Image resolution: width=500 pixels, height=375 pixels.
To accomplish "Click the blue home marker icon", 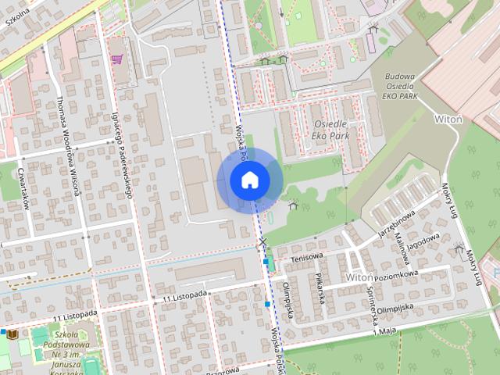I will (x=249, y=180).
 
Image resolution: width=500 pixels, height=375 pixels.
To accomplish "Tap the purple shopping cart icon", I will (x=117, y=59).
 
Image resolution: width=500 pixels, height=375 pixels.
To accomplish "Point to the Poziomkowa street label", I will (x=396, y=275).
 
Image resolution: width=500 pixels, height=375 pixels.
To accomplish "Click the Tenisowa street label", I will (x=306, y=257).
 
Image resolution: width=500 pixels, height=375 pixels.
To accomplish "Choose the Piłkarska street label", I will (x=320, y=288).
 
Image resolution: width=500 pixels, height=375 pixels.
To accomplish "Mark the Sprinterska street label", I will (x=373, y=305).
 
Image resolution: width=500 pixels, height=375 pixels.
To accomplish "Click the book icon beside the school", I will (x=12, y=334).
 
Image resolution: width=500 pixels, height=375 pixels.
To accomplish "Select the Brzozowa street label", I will (x=222, y=372).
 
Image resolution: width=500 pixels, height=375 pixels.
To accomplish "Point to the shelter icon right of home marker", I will (x=293, y=205).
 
